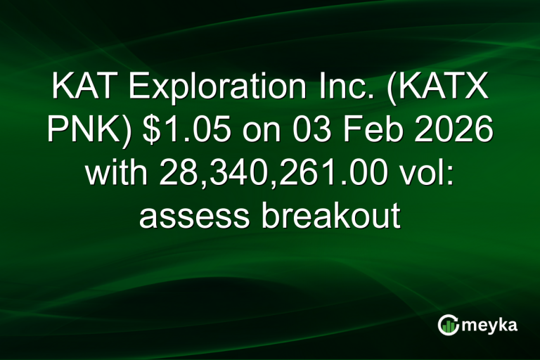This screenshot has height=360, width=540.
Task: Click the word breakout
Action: click(x=330, y=214)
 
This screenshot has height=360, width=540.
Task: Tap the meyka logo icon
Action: click(x=447, y=324)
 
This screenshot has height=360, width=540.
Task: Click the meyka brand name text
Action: click(x=488, y=326)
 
